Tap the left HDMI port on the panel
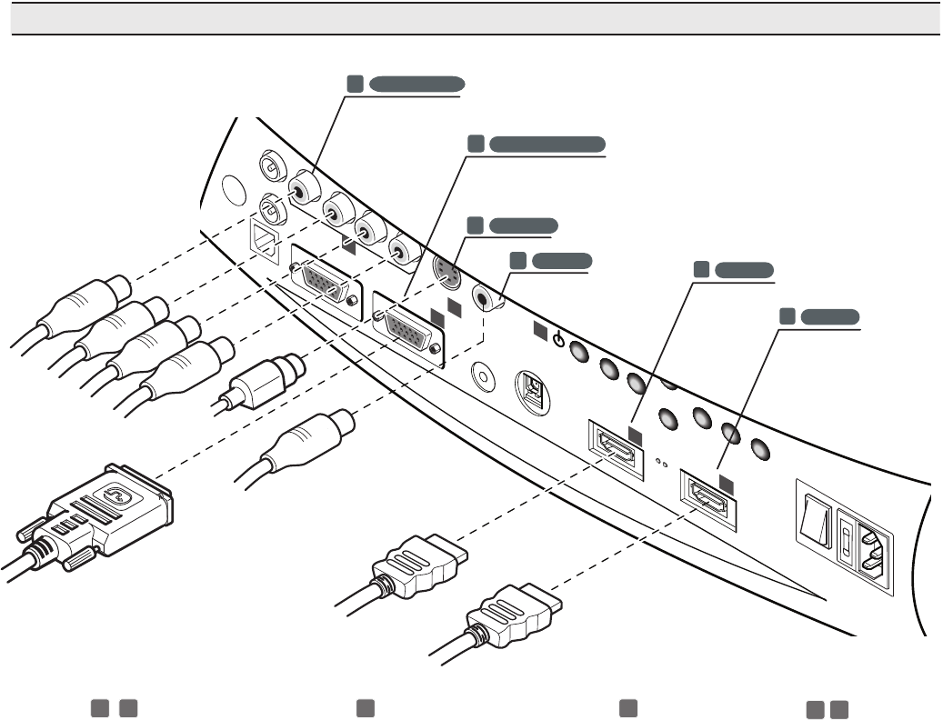pos(614,445)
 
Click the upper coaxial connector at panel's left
pos(271,167)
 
